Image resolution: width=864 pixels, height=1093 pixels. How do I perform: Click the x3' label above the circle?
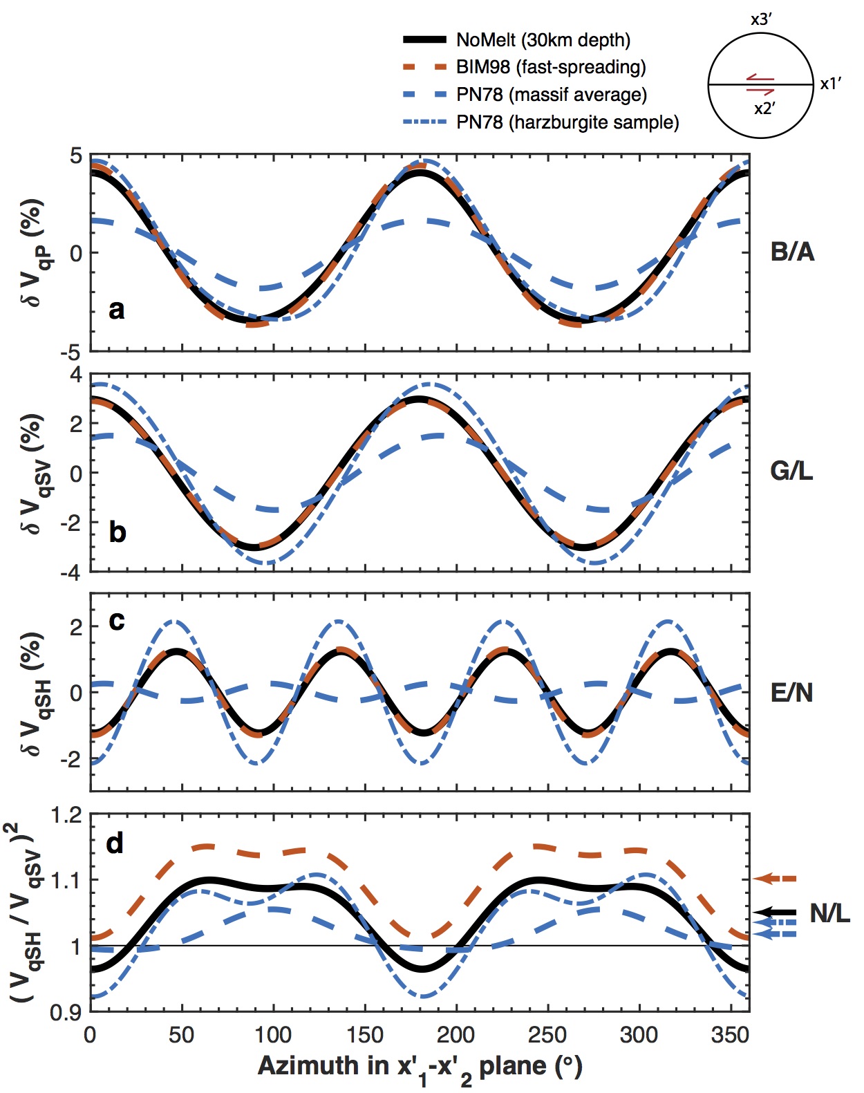point(760,19)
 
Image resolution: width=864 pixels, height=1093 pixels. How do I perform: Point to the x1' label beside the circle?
point(830,84)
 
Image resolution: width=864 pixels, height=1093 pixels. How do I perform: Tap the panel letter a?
point(117,309)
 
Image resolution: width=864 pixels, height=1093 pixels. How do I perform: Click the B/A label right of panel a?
point(792,252)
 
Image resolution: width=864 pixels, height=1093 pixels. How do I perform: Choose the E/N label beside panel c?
point(791,692)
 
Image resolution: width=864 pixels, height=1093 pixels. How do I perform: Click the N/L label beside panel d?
point(829,913)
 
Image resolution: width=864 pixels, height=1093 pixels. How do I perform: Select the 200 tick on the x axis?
point(456,1035)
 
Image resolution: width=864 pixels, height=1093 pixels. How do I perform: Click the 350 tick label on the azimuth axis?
point(730,1035)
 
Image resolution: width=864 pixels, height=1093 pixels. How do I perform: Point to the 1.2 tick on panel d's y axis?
point(66,816)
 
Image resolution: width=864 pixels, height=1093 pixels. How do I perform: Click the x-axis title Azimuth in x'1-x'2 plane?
point(420,1067)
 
